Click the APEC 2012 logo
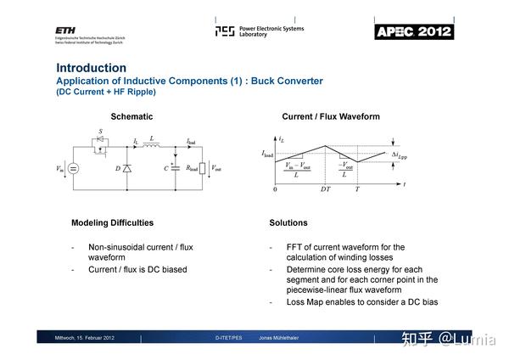tap(414, 32)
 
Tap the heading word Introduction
tap(91, 68)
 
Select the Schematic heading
tap(131, 116)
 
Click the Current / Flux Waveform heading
tap(331, 116)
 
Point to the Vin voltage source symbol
tap(73, 168)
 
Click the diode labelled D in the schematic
tap(126, 169)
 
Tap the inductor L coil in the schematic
tap(152, 145)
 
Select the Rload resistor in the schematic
tap(202, 168)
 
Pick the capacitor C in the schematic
tap(175, 168)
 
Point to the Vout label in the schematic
tap(217, 168)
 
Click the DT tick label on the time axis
tap(325, 188)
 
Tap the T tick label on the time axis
tap(356, 188)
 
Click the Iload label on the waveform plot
tap(268, 155)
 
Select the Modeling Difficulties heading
tap(112, 222)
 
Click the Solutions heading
tap(288, 222)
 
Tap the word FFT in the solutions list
tap(295, 248)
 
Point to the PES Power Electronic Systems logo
tap(259, 31)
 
